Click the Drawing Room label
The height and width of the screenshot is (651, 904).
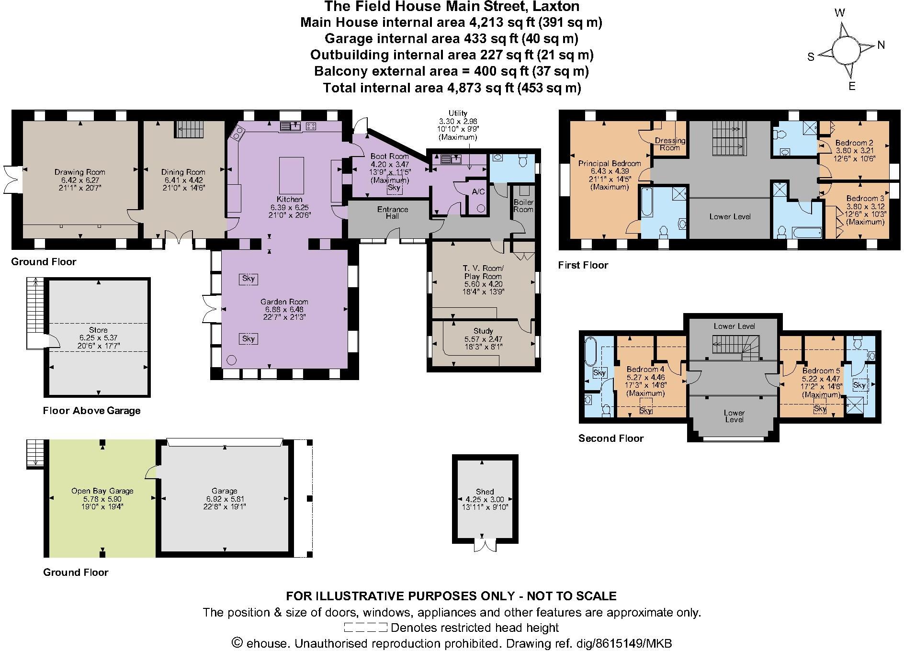(x=79, y=172)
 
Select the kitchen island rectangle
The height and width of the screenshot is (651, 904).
(x=291, y=174)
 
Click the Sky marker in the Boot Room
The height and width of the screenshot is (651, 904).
(x=394, y=188)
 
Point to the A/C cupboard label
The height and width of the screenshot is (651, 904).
(x=478, y=192)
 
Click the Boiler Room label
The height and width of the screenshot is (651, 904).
(x=523, y=206)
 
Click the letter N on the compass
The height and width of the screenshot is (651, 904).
(x=881, y=45)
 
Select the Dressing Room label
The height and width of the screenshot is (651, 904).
(x=670, y=144)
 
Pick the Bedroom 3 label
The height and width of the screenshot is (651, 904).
(x=865, y=198)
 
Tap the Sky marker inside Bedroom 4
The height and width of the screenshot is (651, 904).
(x=645, y=410)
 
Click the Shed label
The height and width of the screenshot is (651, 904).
(x=485, y=492)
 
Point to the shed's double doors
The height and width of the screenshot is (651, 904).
(x=485, y=545)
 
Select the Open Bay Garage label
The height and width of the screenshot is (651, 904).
(x=102, y=491)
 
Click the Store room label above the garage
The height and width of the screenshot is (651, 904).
(x=98, y=330)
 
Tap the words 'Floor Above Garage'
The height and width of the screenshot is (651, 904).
(x=91, y=410)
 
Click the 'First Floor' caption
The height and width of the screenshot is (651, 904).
(x=583, y=265)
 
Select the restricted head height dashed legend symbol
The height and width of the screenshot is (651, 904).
(x=365, y=628)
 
